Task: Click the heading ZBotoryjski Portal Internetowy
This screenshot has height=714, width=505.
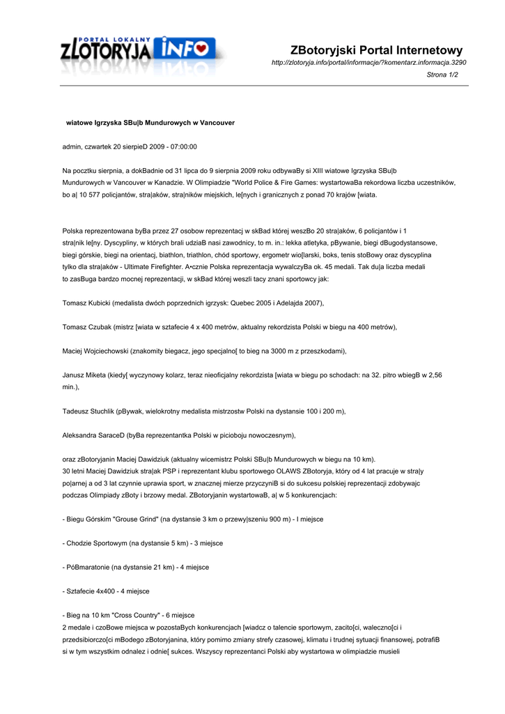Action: [x=376, y=50]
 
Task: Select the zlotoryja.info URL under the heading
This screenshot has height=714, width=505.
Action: [x=368, y=63]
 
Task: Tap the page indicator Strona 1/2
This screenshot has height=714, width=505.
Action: [x=442, y=75]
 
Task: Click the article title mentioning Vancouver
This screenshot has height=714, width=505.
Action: [x=150, y=122]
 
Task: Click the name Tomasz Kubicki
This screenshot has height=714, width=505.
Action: [x=86, y=303]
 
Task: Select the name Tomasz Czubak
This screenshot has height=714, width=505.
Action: [x=86, y=327]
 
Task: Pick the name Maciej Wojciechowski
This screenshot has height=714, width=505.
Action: [x=96, y=351]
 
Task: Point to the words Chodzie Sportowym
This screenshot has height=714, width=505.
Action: [x=96, y=543]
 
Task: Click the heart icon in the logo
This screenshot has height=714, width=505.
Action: [x=201, y=48]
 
